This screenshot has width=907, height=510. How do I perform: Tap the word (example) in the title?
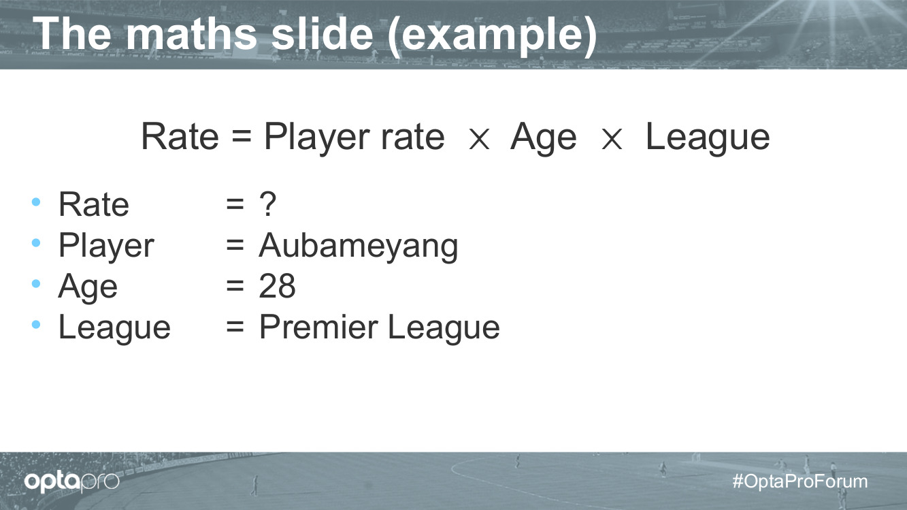coord(492,37)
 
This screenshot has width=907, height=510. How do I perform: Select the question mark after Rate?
coord(267,204)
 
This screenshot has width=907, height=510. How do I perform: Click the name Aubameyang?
coord(359,246)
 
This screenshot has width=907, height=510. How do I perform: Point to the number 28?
coord(278,286)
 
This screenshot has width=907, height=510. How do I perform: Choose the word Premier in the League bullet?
coord(318,327)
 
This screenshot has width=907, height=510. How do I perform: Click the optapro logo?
coord(71,481)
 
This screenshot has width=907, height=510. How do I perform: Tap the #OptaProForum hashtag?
coord(800,481)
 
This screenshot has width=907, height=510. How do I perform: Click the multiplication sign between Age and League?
coord(612,139)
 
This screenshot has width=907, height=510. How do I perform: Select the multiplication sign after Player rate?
coord(479,139)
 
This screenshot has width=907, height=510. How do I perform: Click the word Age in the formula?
coord(544,138)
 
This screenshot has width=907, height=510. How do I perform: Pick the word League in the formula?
coord(708,138)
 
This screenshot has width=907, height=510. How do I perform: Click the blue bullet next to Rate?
coord(36,202)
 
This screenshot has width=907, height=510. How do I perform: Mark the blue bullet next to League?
coord(36,324)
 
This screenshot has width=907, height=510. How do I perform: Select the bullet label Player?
coord(107,246)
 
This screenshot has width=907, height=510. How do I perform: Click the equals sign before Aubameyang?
coord(235,244)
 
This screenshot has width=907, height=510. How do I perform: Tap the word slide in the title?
coord(323,33)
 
